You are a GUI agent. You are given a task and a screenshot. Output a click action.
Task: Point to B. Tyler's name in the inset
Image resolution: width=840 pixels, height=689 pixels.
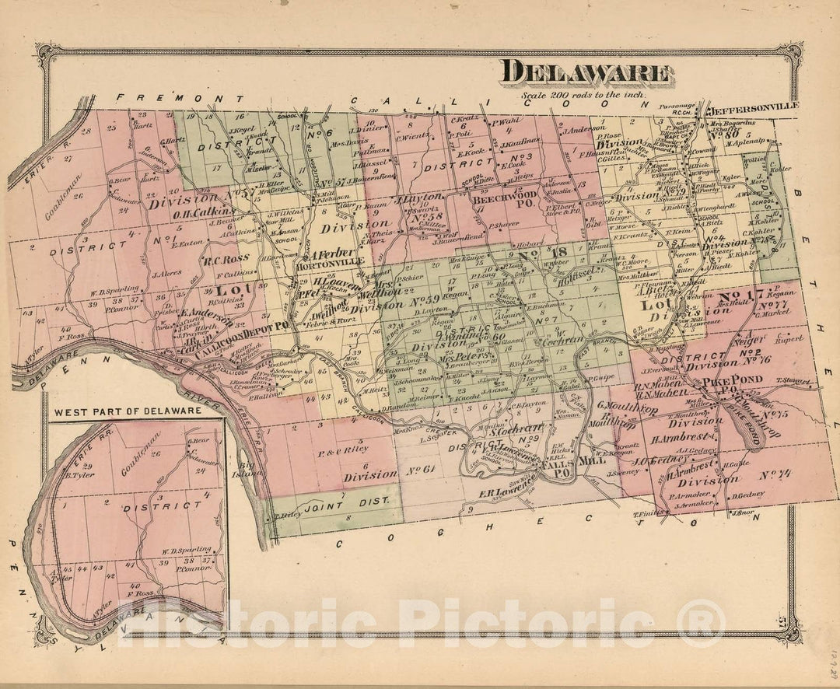tap(77, 474)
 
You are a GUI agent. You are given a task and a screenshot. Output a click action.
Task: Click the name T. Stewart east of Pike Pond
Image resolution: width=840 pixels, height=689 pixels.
tap(794, 381)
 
